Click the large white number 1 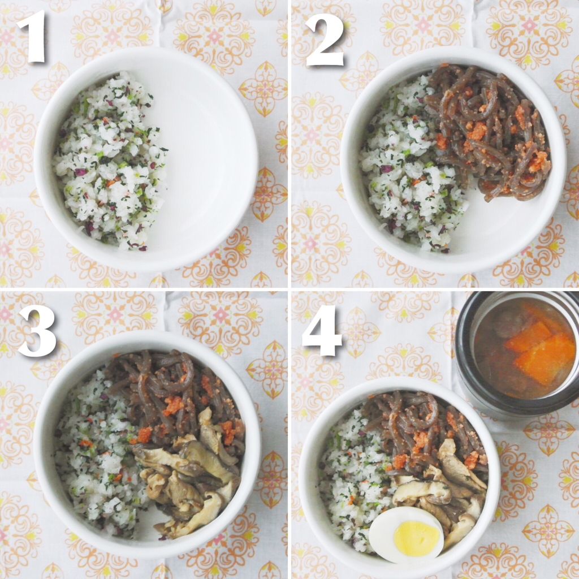tap(32, 36)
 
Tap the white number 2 tap(325, 40)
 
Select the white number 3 tap(37, 331)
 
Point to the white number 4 tap(322, 330)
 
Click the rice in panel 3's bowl tap(96, 461)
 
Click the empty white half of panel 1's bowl tap(207, 162)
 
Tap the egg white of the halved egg tap(381, 528)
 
